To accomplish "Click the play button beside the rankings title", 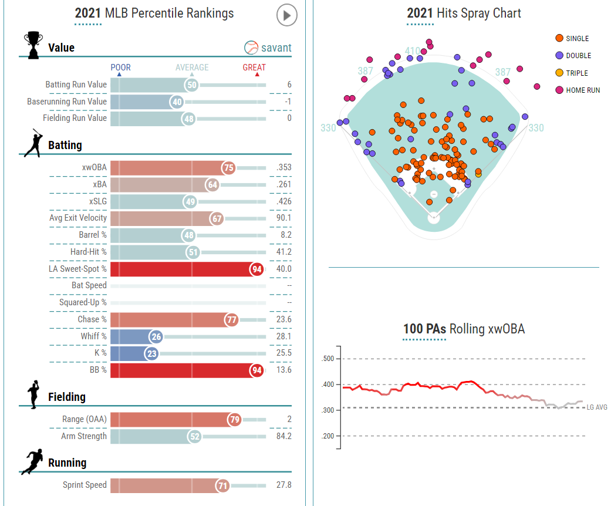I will coord(286,15).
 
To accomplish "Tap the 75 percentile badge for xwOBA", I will coord(228,167).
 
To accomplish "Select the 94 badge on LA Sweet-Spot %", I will coord(256,269).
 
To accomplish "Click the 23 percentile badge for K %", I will coord(151,354).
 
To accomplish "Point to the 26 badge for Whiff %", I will coord(156,337).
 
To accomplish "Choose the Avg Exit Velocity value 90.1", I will coord(283,218).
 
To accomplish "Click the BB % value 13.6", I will coord(283,370).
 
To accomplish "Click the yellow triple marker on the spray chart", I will coord(478,173).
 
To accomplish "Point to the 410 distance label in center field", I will coord(413,51).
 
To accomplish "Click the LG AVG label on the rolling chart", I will coord(596,407).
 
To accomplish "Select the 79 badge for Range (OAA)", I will coord(234,420).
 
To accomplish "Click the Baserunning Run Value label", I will coord(67,102).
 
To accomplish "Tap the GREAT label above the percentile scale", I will coord(254,68).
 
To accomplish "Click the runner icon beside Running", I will coord(33,462).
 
